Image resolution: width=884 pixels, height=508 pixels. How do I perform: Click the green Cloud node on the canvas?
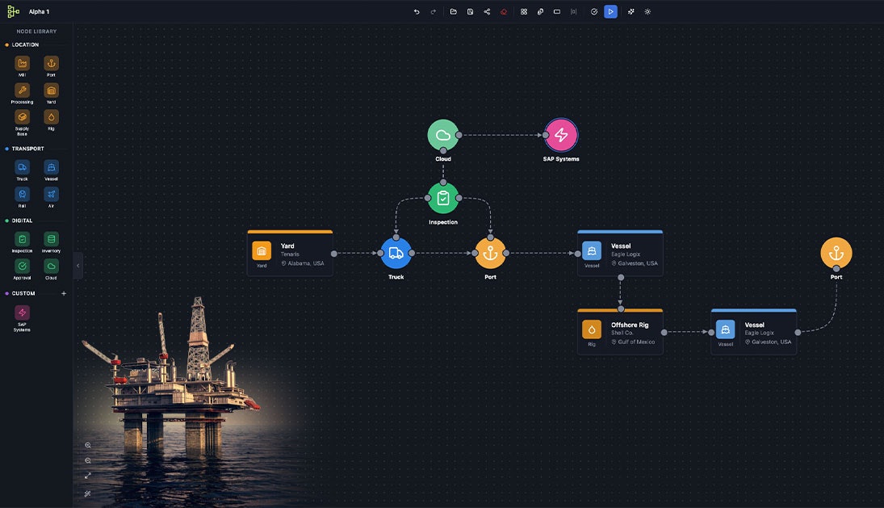[x=442, y=135]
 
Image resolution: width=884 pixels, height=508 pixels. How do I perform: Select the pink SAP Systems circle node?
[x=561, y=135]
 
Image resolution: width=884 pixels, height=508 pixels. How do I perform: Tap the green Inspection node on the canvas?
[x=442, y=198]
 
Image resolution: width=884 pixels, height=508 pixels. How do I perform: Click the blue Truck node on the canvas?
[x=396, y=253]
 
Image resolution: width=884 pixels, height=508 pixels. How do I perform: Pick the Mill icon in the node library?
[x=22, y=63]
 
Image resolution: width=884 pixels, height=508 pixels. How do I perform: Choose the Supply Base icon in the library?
[x=22, y=117]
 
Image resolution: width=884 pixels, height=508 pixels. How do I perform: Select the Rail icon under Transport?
[x=22, y=194]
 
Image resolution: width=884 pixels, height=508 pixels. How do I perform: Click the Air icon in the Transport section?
[x=51, y=194]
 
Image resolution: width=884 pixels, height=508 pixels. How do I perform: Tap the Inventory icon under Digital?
[x=51, y=239]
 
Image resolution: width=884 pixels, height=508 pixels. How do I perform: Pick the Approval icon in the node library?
[x=22, y=266]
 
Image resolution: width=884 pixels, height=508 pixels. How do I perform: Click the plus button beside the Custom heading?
[x=64, y=293]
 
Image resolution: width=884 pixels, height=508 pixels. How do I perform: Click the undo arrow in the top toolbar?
[x=417, y=12]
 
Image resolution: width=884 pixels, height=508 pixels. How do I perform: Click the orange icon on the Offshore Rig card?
[x=592, y=330]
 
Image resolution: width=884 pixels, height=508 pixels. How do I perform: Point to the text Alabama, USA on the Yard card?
[x=306, y=263]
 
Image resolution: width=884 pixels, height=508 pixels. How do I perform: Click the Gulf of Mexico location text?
[x=636, y=342]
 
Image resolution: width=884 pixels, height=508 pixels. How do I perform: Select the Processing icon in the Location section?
[x=22, y=90]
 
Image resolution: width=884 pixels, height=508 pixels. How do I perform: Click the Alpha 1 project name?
[x=39, y=12]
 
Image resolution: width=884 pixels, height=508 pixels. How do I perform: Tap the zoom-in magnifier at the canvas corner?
[x=88, y=445]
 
